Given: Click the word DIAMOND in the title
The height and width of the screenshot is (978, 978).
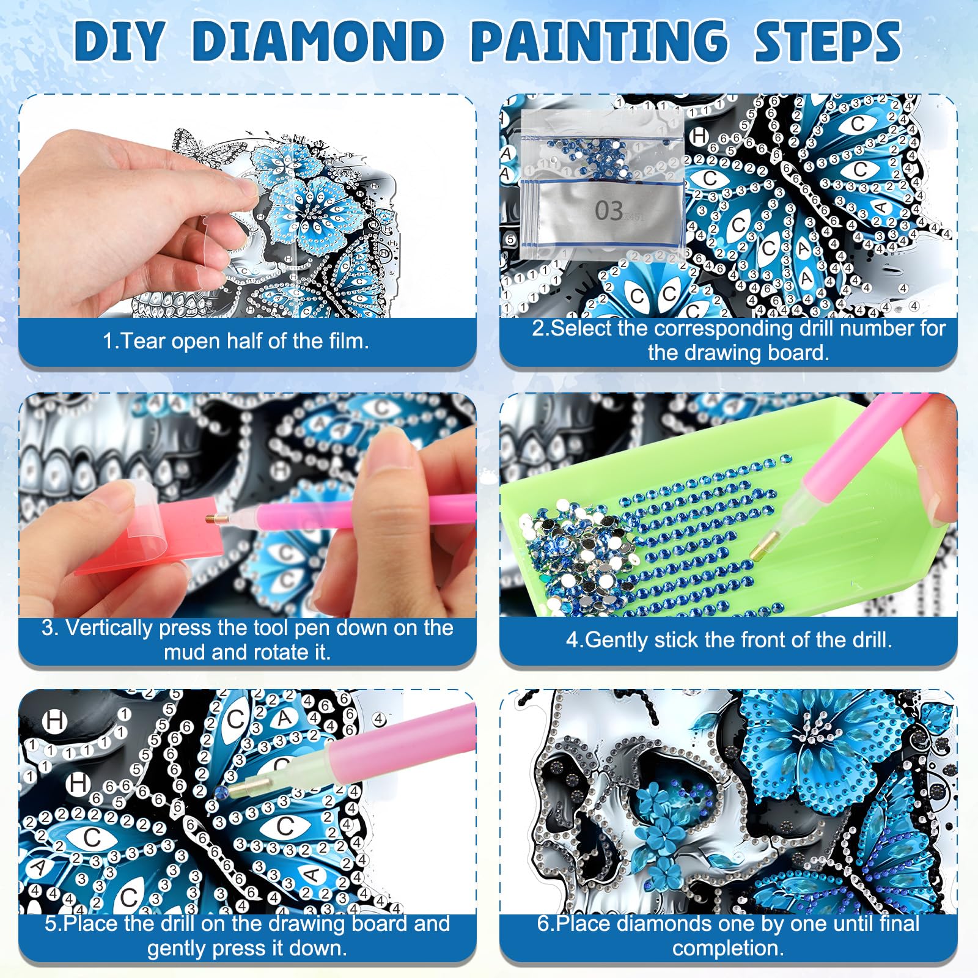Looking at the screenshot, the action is click(318, 41).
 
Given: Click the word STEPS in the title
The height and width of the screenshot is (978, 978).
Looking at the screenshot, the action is click(827, 41).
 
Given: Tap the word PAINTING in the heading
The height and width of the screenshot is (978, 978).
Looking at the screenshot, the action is click(599, 41).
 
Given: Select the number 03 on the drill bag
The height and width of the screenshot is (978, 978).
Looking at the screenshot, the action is click(609, 211).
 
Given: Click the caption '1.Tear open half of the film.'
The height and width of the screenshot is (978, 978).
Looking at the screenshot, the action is click(236, 340).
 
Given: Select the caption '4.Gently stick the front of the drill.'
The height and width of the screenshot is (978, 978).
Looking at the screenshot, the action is click(729, 639).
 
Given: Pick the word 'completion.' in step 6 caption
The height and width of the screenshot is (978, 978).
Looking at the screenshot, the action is click(728, 948).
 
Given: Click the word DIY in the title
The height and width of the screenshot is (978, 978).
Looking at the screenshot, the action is click(120, 41).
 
